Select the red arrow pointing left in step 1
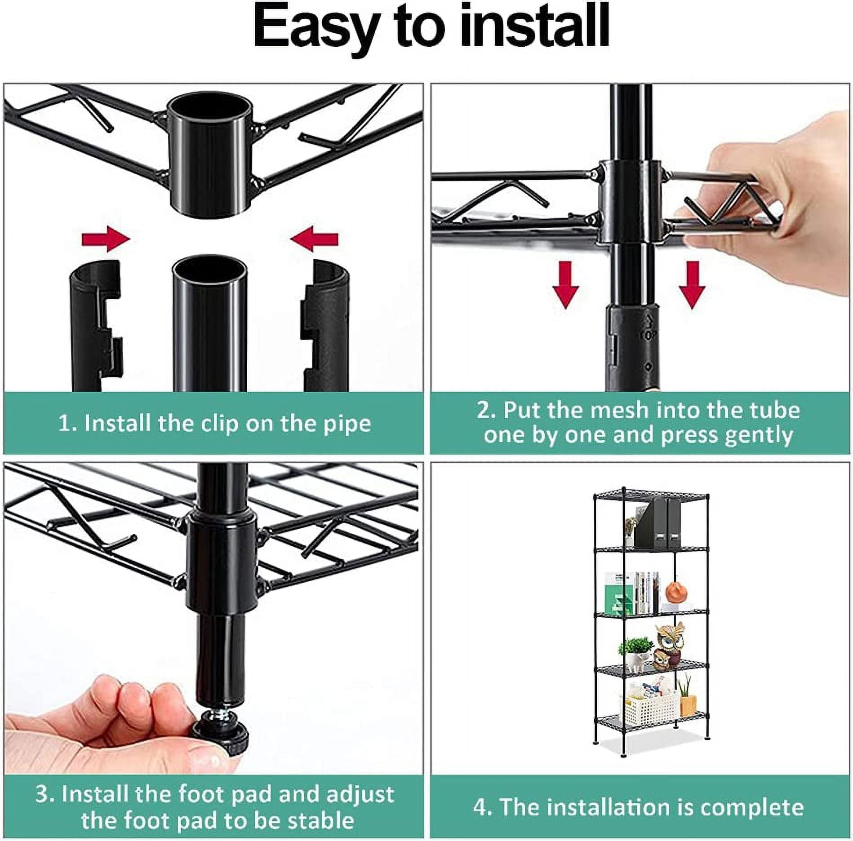[314, 239]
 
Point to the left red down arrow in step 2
[565, 284]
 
